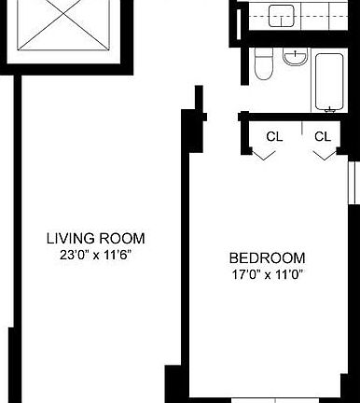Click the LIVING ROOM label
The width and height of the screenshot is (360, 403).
tap(96, 239)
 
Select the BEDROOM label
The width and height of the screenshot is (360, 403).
tap(267, 258)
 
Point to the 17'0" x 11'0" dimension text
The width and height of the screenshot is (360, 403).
tap(268, 274)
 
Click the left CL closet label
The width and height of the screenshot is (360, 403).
tap(274, 136)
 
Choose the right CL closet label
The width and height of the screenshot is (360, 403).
tap(323, 136)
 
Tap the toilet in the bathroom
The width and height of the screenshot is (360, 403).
tap(264, 64)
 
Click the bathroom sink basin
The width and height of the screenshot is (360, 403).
tap(295, 57)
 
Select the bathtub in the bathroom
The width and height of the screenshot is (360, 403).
tap(329, 82)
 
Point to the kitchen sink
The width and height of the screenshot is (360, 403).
tap(282, 16)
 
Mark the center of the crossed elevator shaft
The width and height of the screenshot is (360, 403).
tap(63, 14)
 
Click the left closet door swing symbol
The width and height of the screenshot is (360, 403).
tap(263, 155)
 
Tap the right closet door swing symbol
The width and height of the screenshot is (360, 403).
tap(325, 155)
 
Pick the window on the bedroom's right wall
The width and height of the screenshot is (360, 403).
tap(352, 183)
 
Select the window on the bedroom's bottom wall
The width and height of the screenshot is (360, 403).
tap(275, 400)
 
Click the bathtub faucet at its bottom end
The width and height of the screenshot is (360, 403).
tap(329, 109)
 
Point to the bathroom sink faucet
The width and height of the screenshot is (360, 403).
tap(295, 54)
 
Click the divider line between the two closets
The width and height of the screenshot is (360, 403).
tap(302, 129)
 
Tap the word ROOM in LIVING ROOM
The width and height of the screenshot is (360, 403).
tap(122, 239)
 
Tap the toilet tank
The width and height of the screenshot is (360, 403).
tap(264, 53)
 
